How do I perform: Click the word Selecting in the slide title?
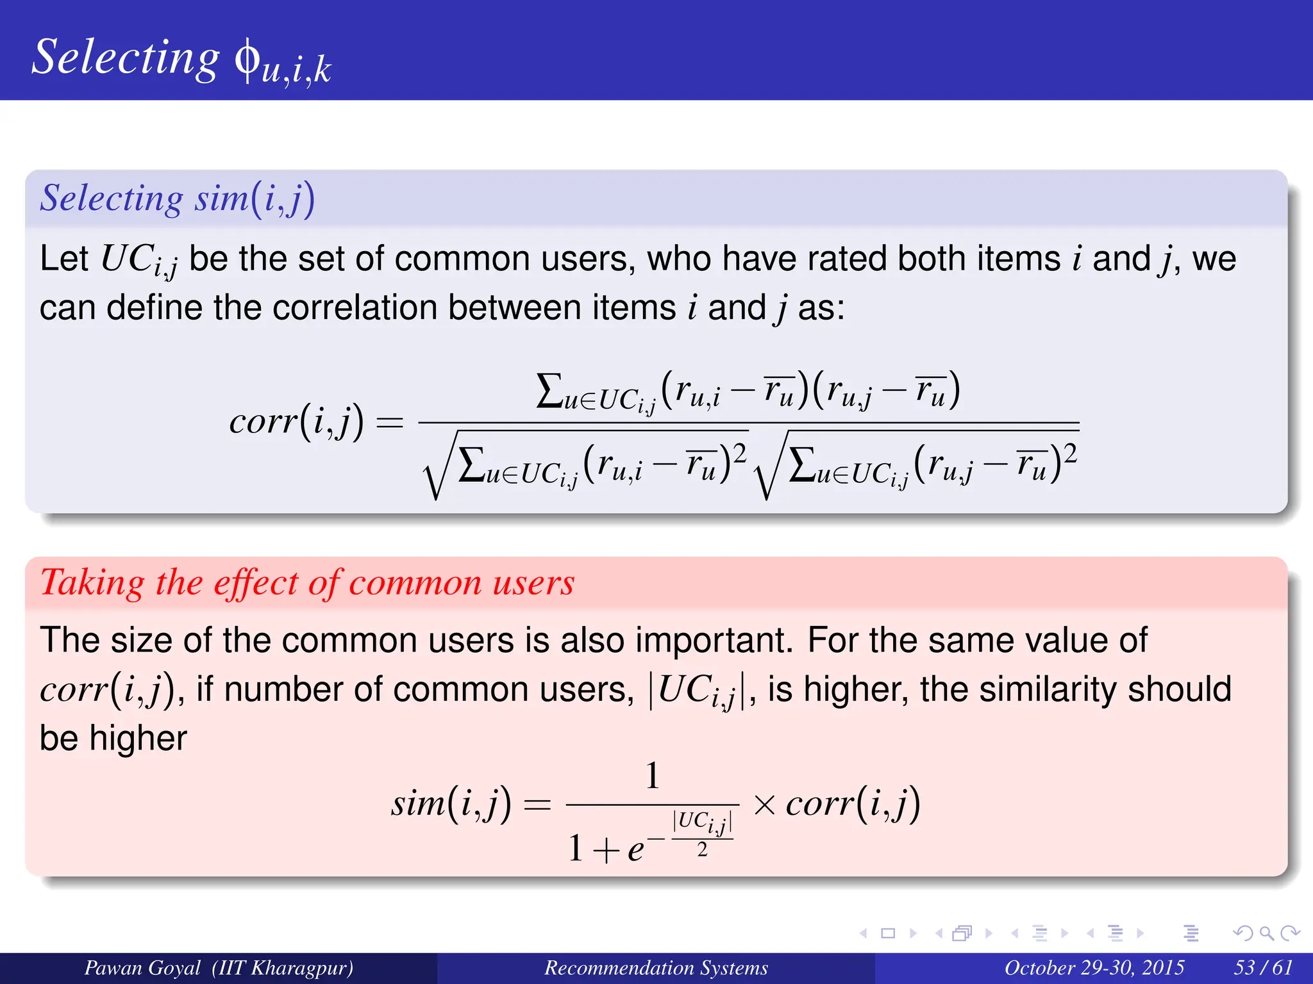tap(126, 58)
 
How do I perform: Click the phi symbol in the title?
tap(247, 60)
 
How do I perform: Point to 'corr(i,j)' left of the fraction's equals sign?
tap(296, 421)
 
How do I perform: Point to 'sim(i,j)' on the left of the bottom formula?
tap(451, 803)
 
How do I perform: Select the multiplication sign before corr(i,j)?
tap(764, 805)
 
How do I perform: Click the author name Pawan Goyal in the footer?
tap(142, 967)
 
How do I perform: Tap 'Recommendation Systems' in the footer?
tap(656, 967)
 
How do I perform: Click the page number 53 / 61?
tap(1263, 967)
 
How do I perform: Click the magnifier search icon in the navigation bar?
tap(1266, 933)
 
